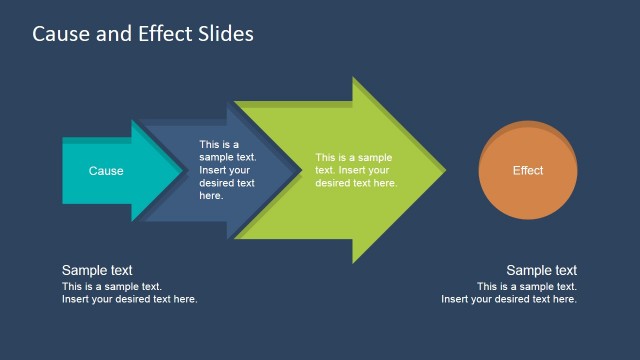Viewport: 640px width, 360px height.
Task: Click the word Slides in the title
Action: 225,34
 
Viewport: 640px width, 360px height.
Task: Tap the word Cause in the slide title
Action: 59,34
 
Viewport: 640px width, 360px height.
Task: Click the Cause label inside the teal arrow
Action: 106,171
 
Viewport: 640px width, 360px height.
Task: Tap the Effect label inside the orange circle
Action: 528,171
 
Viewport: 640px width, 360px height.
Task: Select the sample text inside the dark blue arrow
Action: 227,170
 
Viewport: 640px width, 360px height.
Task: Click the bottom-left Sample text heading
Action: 97,270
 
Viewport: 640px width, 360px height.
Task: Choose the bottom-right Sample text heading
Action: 541,270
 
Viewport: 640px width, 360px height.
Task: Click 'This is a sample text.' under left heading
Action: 112,286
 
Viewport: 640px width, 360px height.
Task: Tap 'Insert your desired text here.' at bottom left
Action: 130,299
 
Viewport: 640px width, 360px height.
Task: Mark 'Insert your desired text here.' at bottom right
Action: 509,299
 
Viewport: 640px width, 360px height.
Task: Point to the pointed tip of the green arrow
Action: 445,171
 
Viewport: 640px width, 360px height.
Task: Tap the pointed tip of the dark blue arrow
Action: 298,171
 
